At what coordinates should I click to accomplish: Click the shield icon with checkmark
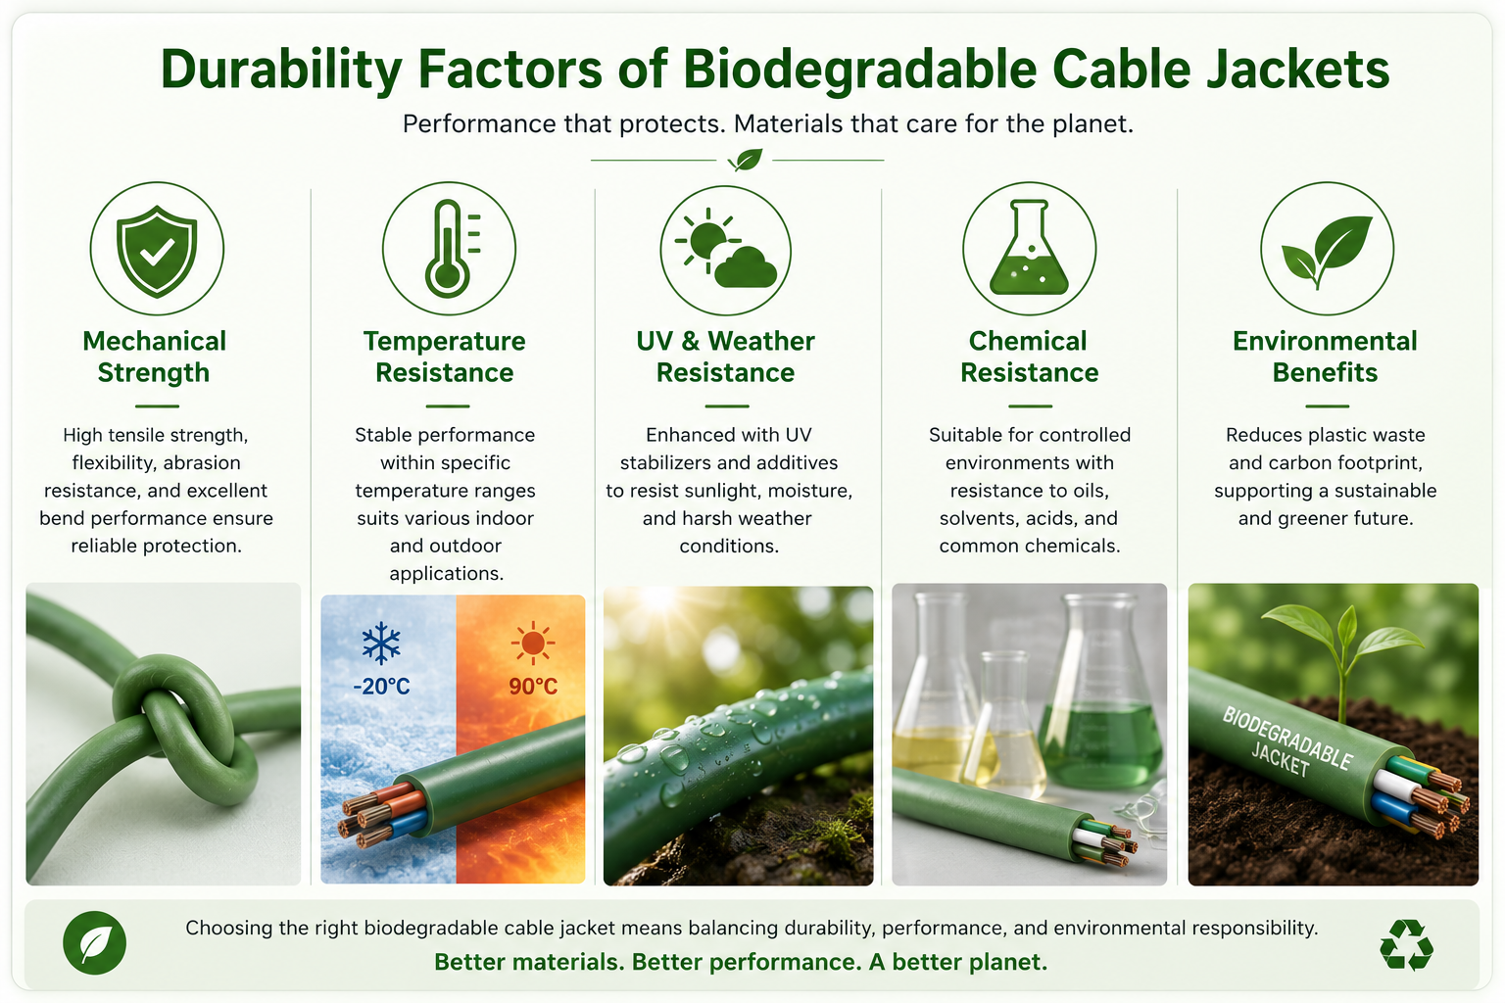click(157, 250)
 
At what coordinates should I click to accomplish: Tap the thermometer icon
click(451, 249)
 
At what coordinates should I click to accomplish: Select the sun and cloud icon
click(726, 249)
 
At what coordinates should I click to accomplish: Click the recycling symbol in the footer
click(1406, 944)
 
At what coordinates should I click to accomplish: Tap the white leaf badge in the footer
click(95, 942)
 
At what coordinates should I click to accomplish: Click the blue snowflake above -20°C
click(381, 643)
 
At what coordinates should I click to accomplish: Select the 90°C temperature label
click(533, 686)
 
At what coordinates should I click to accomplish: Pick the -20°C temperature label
click(381, 686)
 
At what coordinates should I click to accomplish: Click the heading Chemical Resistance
click(1029, 357)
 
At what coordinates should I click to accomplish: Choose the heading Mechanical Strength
click(154, 357)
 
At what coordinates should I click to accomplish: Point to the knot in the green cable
click(181, 726)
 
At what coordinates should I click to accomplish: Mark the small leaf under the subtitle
click(745, 160)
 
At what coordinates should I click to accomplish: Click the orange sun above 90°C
click(533, 643)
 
